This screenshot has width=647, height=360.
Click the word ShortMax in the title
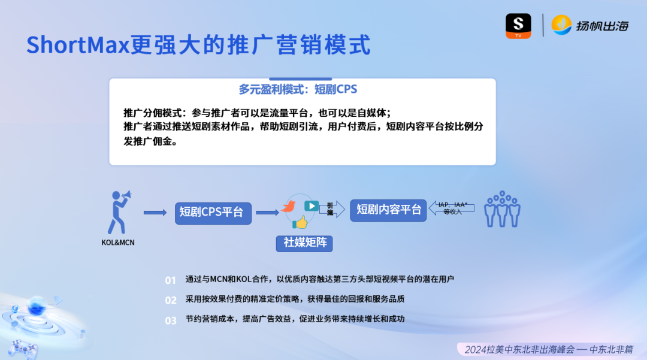tap(78, 45)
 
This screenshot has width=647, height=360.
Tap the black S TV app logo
tap(518, 26)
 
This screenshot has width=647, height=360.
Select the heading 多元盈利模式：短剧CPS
tap(298, 89)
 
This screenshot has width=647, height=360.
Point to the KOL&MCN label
tap(118, 243)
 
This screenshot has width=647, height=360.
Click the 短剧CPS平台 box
tap(213, 212)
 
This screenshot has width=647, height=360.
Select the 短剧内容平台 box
tap(388, 210)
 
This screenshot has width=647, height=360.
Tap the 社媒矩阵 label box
tap(304, 243)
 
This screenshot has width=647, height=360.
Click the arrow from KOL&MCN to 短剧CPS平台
tap(155, 212)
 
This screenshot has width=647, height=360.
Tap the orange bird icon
tap(289, 207)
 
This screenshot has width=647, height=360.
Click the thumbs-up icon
tap(300, 223)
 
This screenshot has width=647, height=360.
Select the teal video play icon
tap(311, 205)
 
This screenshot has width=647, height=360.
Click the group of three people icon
tap(502, 209)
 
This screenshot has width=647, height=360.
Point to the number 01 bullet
tap(171, 280)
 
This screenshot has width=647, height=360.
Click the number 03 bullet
tap(171, 320)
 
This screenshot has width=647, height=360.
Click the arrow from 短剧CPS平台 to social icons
tap(267, 212)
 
